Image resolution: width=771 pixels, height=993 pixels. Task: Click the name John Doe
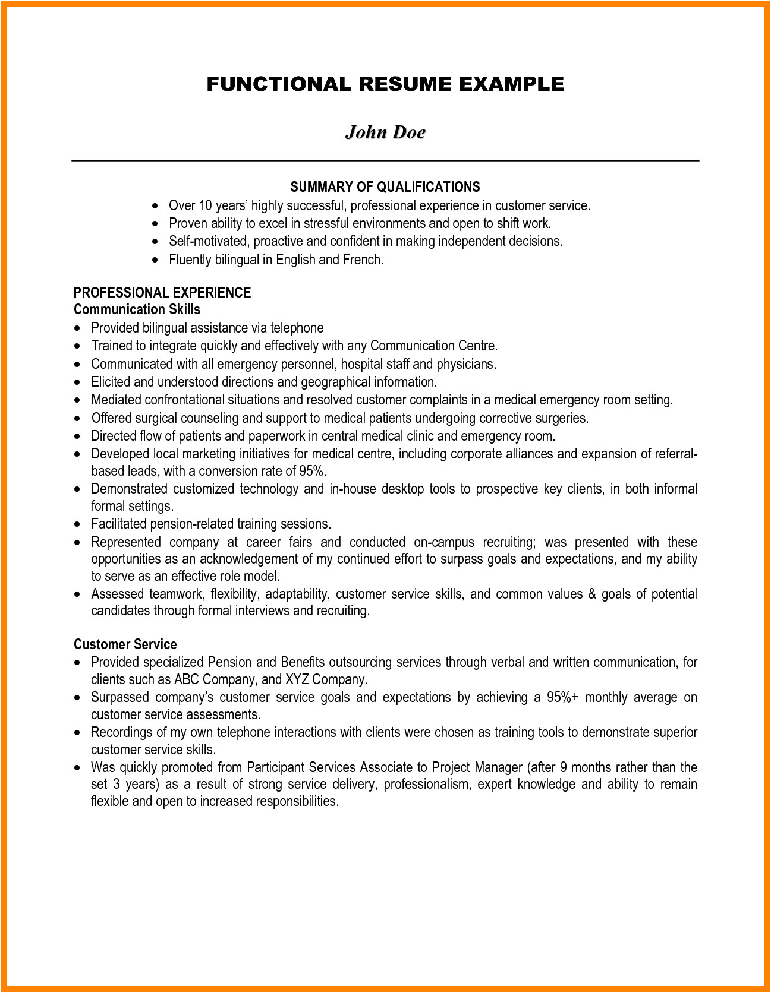point(385,132)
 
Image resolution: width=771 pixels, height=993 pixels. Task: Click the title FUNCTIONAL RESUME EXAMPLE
point(385,84)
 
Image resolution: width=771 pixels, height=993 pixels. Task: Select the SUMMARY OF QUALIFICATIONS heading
point(385,187)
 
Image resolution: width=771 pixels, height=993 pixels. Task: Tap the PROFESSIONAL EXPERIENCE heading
point(162,292)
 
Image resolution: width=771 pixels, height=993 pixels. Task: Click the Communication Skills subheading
point(137,309)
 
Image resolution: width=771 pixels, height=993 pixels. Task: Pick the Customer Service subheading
point(125,644)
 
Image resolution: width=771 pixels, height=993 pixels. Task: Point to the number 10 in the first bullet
point(205,205)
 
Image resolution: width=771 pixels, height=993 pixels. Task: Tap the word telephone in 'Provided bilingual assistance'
point(297,328)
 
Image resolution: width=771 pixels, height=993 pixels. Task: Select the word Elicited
point(111,382)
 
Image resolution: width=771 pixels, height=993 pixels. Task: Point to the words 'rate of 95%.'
point(294,471)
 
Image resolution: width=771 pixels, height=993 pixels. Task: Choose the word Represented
point(126,542)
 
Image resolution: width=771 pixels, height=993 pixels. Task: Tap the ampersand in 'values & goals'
point(591,594)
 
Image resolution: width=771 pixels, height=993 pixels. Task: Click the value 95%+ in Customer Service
point(562,697)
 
